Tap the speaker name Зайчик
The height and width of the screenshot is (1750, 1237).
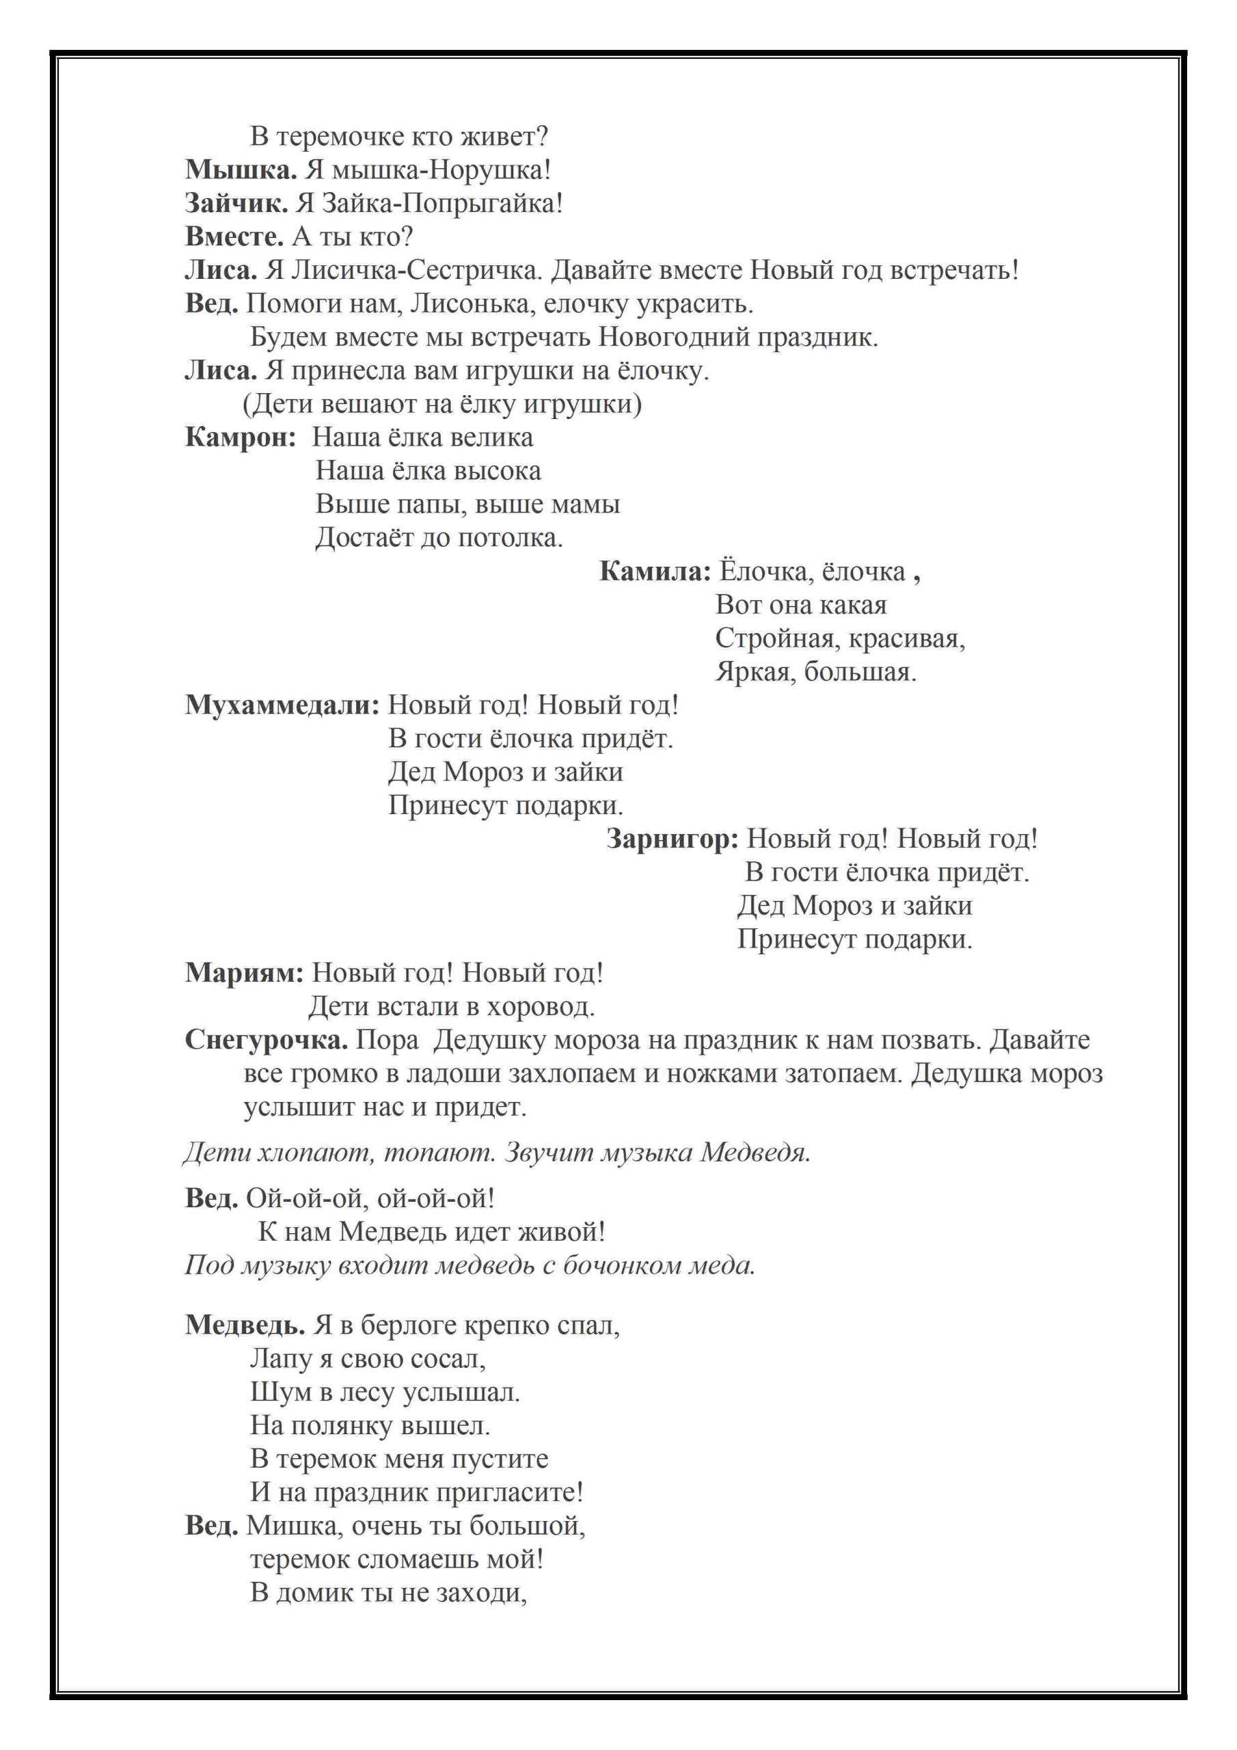236,204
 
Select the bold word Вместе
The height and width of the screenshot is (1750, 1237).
234,238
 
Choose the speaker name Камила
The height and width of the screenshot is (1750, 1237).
655,571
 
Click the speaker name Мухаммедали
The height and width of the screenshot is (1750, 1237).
282,705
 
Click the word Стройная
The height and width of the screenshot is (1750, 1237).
774,638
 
